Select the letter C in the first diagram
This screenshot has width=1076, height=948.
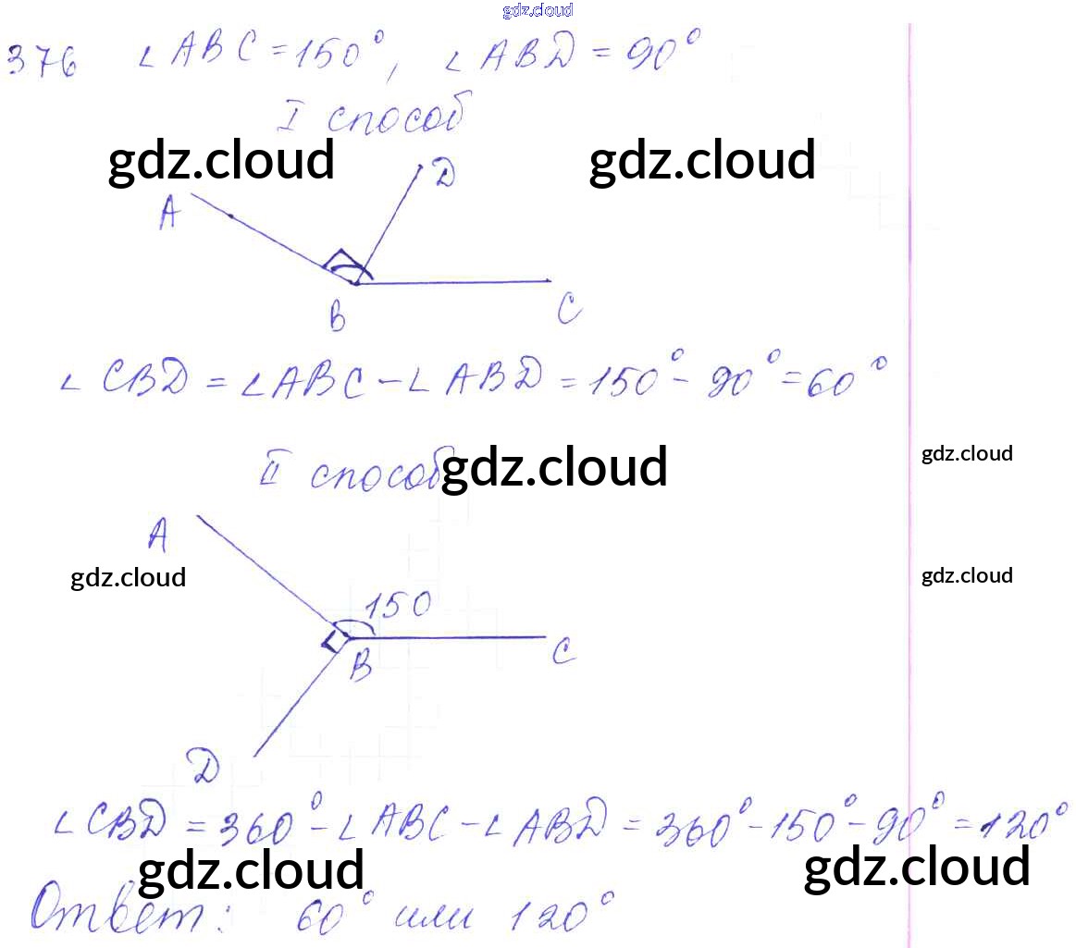[x=569, y=311]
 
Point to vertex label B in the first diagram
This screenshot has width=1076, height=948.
[x=338, y=319]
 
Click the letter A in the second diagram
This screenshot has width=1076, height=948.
[x=158, y=535]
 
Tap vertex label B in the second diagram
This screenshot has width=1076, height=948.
[x=360, y=664]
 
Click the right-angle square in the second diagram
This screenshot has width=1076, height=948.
[x=334, y=640]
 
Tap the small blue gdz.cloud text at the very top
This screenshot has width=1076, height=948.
[x=538, y=10]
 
